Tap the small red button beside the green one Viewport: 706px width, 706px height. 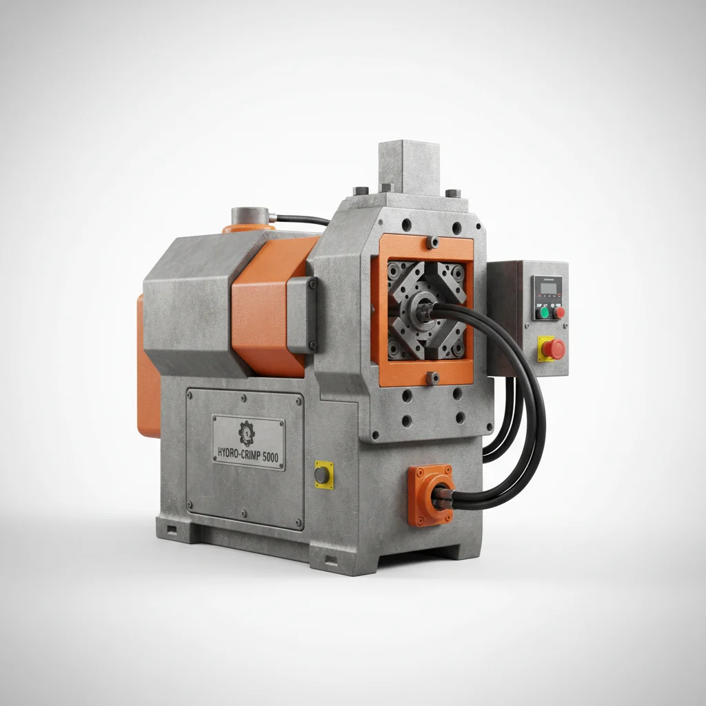coord(559,312)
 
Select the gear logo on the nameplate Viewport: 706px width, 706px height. coord(246,432)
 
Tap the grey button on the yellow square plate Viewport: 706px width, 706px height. coord(322,475)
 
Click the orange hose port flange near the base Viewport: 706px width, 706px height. coord(430,494)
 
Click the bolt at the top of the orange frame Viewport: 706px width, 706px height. coord(432,242)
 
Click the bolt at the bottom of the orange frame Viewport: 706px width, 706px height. coord(432,377)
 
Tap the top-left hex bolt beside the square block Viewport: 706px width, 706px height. coord(358,191)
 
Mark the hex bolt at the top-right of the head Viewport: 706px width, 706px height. coord(452,193)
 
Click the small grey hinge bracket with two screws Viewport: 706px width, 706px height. coord(301,314)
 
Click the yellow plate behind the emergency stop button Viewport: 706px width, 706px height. coord(544,348)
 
